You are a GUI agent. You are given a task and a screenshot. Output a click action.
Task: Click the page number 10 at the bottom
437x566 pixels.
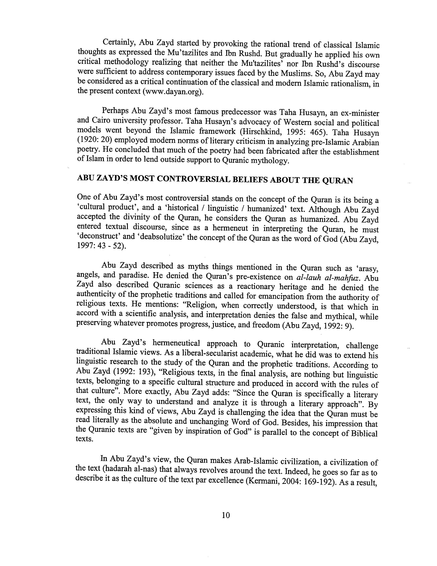[226, 515]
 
